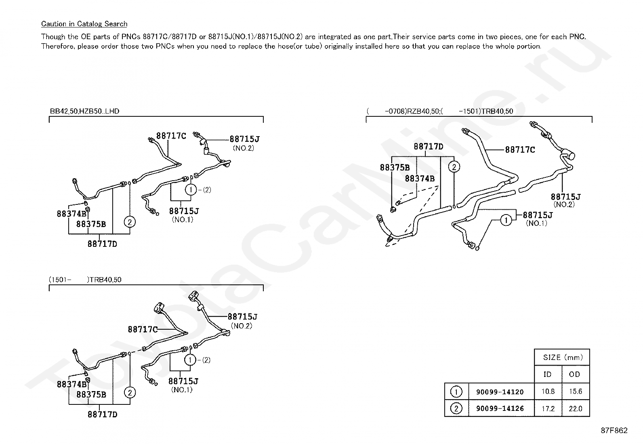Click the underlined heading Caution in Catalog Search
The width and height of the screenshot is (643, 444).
pos(84,24)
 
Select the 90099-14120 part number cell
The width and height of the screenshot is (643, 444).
pos(500,391)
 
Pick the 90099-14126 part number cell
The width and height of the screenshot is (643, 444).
pos(500,408)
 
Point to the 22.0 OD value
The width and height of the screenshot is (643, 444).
pos(575,408)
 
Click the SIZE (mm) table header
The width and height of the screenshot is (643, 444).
pos(561,358)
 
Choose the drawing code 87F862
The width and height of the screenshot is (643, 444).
pos(614,431)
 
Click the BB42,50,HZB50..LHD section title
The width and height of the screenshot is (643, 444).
pos(84,111)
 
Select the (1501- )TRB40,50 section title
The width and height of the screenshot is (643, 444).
pos(85,280)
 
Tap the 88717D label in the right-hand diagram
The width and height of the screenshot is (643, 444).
pos(428,146)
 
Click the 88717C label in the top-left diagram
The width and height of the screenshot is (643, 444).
pos(171,136)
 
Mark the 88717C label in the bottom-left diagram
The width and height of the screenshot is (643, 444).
pos(143,329)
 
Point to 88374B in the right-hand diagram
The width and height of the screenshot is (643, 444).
pos(419,178)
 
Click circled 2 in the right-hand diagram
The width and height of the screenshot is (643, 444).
pos(454,166)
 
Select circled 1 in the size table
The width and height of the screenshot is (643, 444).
pos(456,391)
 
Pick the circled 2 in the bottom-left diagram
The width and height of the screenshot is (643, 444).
pos(129,392)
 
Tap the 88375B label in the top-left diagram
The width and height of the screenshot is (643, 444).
pos(91,224)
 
